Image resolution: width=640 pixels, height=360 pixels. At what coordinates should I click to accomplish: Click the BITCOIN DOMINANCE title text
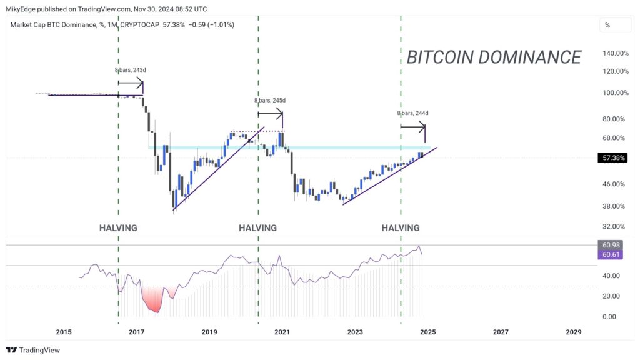[x=494, y=57]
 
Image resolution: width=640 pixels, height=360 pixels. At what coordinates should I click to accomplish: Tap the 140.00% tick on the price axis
[x=615, y=54]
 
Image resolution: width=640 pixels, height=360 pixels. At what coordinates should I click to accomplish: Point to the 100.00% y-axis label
[x=615, y=93]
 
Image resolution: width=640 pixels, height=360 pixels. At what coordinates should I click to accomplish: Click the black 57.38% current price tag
[x=612, y=158]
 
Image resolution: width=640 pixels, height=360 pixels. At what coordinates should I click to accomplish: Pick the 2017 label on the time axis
[x=136, y=332]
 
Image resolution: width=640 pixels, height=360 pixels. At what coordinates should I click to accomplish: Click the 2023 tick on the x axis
[x=355, y=332]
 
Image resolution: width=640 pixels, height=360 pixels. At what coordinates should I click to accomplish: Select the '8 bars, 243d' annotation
[x=130, y=70]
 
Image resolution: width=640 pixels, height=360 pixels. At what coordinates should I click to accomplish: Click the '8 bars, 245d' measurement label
[x=270, y=101]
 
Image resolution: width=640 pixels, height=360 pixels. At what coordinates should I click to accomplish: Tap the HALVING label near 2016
[x=118, y=228]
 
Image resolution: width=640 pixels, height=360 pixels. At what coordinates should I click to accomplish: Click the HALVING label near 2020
[x=257, y=228]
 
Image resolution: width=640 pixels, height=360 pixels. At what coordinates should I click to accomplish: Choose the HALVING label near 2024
[x=401, y=228]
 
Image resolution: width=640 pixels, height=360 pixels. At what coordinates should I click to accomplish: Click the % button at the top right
[x=607, y=26]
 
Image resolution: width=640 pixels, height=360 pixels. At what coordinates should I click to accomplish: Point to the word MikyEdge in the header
[x=25, y=9]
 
